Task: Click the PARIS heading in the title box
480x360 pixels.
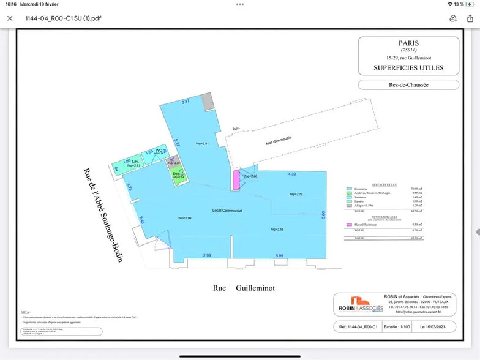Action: click(x=408, y=44)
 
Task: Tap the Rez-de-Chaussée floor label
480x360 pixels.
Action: click(x=408, y=85)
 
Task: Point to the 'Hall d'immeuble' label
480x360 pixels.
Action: click(x=279, y=141)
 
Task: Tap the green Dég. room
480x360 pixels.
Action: click(x=177, y=175)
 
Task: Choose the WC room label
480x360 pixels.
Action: click(x=159, y=150)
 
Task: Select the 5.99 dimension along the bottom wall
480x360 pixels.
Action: click(x=279, y=255)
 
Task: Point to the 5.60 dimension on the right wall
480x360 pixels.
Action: click(x=323, y=214)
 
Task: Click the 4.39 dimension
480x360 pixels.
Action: click(x=292, y=174)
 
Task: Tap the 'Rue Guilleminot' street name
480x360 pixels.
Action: click(x=244, y=287)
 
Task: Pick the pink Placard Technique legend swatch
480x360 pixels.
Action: click(x=349, y=225)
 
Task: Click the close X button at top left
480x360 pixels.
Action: click(x=10, y=18)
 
